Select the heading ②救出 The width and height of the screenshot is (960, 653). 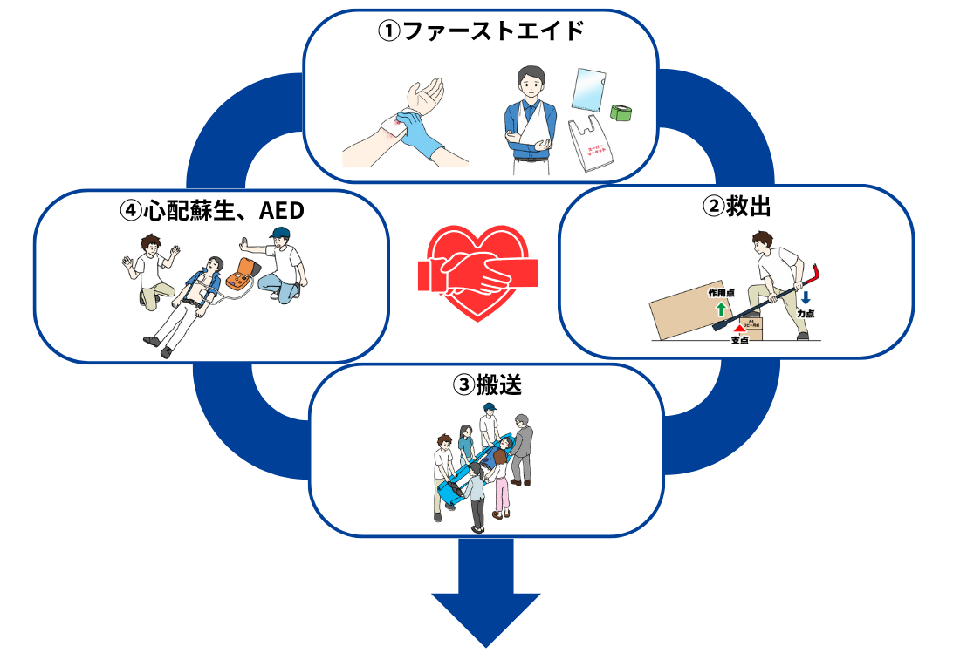coord(736,207)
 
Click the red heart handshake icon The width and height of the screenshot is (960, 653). coord(477,274)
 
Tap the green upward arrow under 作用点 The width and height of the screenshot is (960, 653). coord(721,309)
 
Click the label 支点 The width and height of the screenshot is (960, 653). coord(740,341)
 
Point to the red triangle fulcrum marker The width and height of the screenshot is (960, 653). coord(740,328)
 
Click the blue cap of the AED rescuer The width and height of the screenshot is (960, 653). coord(279,233)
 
